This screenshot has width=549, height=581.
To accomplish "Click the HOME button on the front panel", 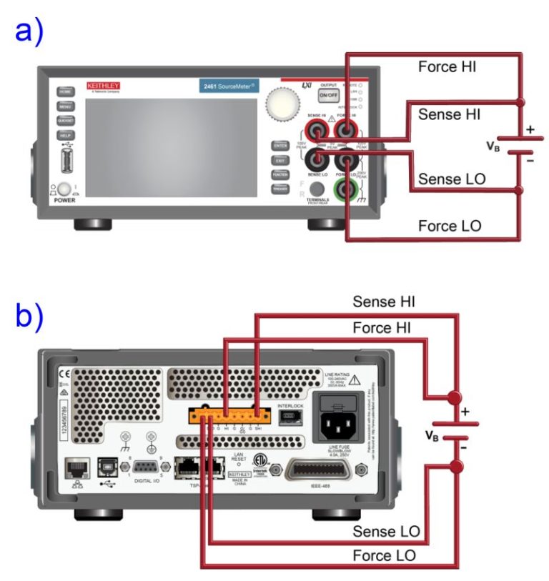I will (x=65, y=92).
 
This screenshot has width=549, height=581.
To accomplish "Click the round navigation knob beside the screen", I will (x=280, y=104).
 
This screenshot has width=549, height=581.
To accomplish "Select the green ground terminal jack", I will (x=348, y=190).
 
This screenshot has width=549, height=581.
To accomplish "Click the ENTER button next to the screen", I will (x=280, y=145).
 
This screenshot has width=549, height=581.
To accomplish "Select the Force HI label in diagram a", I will (x=447, y=67).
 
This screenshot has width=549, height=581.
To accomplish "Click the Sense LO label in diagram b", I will (x=385, y=531).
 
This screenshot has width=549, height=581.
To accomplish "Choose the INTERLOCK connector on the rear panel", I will (x=290, y=419).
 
